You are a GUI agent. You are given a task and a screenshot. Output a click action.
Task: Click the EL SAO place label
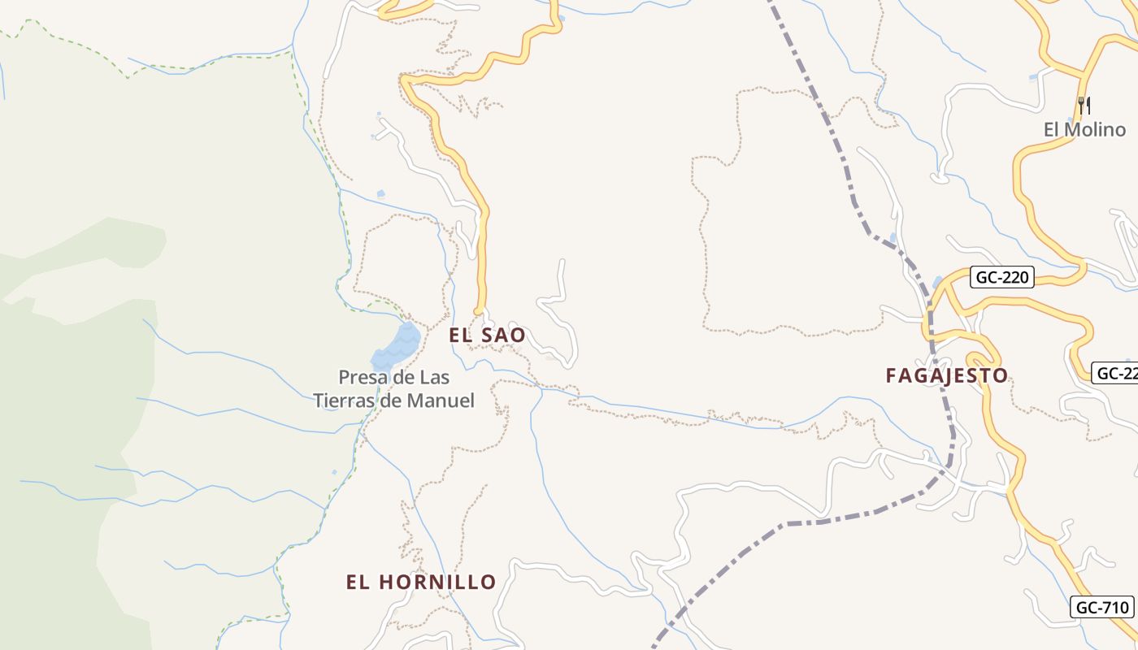[487, 335]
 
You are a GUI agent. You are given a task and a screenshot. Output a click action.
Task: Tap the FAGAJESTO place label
[946, 375]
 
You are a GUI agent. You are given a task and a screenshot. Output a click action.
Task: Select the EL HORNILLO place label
[421, 583]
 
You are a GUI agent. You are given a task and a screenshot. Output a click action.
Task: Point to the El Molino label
[1084, 130]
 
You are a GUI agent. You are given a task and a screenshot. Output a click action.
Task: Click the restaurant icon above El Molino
[1084, 105]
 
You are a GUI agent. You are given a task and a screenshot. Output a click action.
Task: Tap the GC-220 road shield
[1001, 277]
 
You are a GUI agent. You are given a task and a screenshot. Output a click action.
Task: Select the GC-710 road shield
[1102, 607]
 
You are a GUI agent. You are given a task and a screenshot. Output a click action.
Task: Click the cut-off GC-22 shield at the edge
[1114, 374]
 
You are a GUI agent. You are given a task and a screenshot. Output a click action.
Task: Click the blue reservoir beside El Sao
[397, 347]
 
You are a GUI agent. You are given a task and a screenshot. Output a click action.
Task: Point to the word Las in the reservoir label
[433, 378]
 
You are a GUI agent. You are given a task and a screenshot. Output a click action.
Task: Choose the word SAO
[503, 335]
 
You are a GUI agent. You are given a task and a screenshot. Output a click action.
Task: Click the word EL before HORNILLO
[358, 583]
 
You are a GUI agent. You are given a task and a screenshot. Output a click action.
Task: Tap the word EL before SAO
[461, 335]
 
